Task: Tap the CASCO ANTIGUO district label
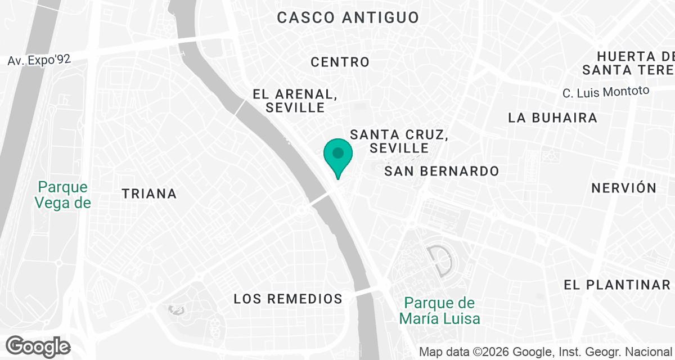click(348, 17)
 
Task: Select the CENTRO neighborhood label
click(340, 62)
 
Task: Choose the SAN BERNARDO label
click(442, 171)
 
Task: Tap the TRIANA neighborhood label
click(149, 194)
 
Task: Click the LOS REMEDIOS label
click(288, 299)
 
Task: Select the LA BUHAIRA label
click(552, 118)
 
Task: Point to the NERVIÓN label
click(624, 188)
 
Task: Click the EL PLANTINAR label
click(617, 285)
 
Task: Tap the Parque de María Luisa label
click(440, 311)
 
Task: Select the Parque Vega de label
click(62, 195)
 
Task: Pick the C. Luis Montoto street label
click(606, 91)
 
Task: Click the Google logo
click(38, 345)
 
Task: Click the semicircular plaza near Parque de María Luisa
click(441, 260)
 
